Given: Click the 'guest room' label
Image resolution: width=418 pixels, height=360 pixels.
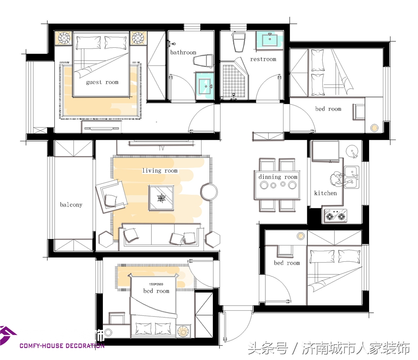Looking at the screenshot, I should (102, 82).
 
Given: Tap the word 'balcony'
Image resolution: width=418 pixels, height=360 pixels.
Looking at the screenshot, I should (71, 205).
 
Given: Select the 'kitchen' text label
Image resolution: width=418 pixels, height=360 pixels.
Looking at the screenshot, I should (325, 193).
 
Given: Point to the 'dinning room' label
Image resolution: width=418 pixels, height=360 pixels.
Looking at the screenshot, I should (278, 177).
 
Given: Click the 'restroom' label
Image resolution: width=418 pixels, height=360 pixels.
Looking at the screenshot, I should (263, 59).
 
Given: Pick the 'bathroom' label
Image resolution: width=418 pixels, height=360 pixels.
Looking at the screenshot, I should (183, 53).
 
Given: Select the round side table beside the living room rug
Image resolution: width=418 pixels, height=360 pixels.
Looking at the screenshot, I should (209, 192).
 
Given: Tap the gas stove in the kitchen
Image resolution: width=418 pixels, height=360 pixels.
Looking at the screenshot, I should (335, 216).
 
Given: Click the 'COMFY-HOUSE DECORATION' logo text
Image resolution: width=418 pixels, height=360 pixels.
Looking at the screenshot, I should (62, 346).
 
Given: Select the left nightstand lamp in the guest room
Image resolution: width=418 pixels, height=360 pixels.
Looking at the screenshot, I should (65, 38).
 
